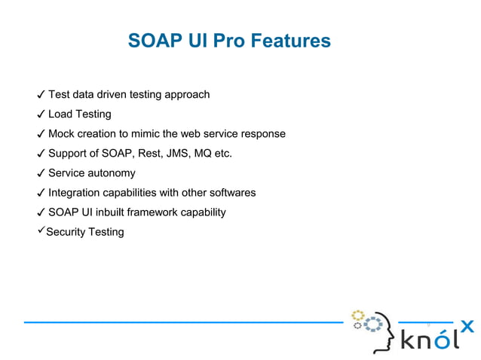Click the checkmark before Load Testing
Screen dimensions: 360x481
[x=40, y=114]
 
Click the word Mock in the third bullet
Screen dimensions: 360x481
[x=62, y=134]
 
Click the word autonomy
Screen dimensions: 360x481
[x=112, y=173]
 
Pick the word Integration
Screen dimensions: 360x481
[x=77, y=193]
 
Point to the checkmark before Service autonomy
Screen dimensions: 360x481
[x=40, y=173]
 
